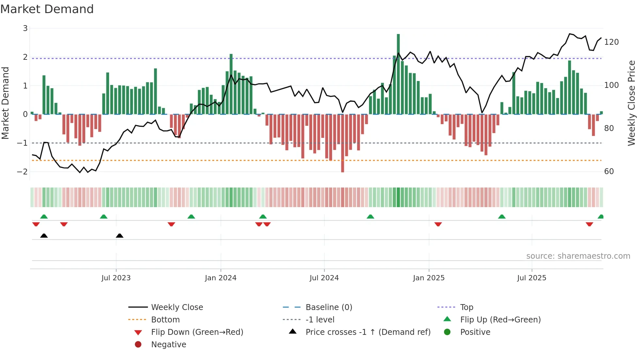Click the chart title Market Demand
click(x=47, y=9)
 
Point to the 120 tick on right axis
click(x=611, y=42)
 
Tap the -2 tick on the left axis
click(x=22, y=172)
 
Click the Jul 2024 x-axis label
click(x=324, y=278)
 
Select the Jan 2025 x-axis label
click(x=428, y=278)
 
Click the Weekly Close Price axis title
click(x=632, y=103)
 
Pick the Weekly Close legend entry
click(x=177, y=307)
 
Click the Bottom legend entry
click(x=165, y=320)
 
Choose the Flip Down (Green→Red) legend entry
click(x=197, y=332)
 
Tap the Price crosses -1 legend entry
click(x=368, y=332)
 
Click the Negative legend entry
click(x=168, y=345)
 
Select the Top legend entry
click(x=466, y=307)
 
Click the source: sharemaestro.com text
click(x=578, y=256)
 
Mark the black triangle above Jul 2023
click(x=120, y=236)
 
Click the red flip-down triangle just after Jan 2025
click(x=438, y=224)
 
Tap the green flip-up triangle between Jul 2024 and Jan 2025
click(x=370, y=217)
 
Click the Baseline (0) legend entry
click(x=328, y=307)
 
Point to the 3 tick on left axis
click(x=25, y=28)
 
